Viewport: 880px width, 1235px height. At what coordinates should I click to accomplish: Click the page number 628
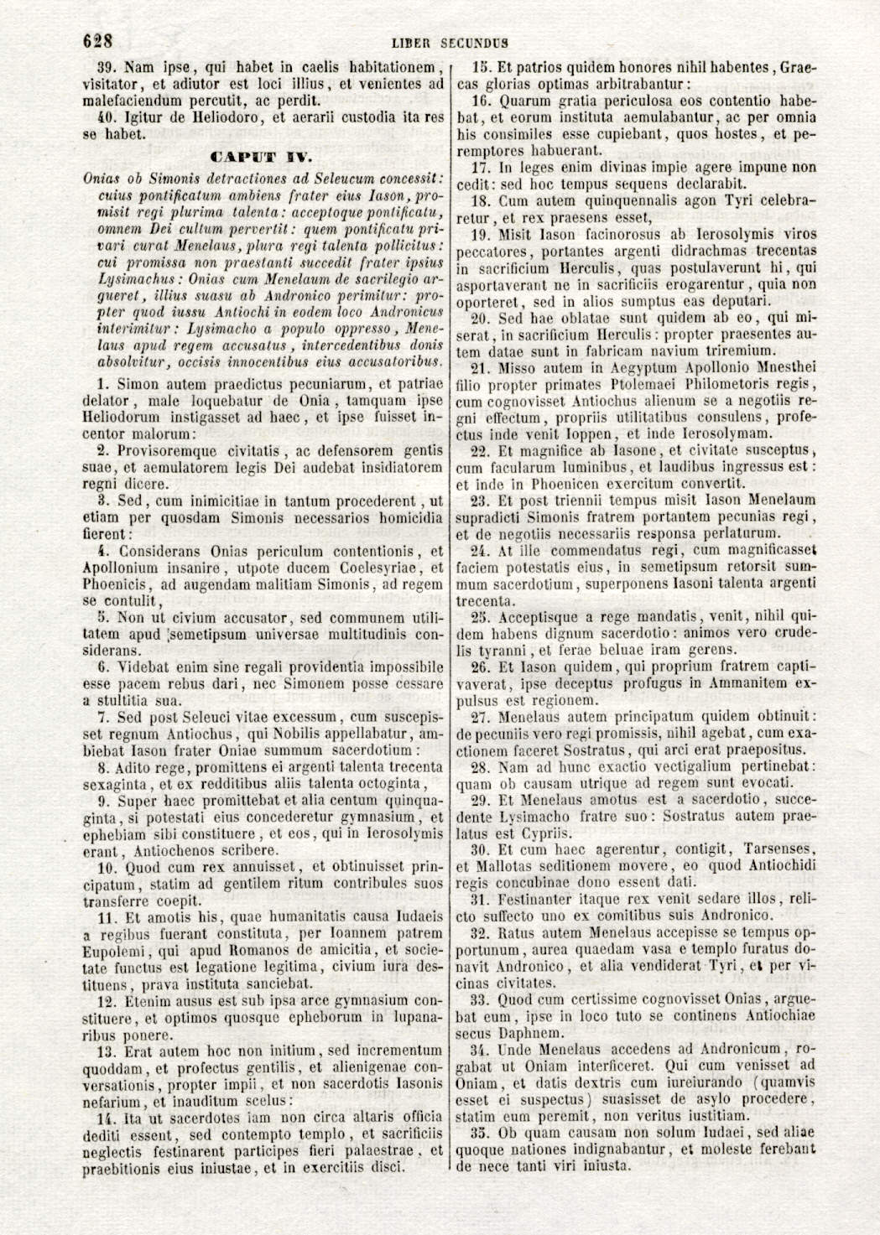[x=97, y=40]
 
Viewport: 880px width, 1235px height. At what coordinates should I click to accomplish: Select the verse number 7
[x=103, y=718]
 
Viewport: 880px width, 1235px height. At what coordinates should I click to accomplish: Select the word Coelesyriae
[x=371, y=568]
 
